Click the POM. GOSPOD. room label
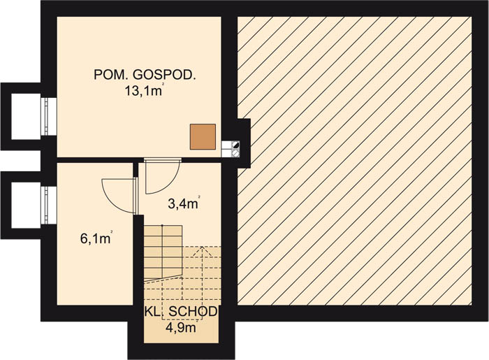point(145,75)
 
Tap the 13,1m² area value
point(144,91)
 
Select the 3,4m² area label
point(184,203)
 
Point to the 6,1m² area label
point(96,238)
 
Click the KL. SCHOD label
point(181,311)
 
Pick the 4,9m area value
point(182,328)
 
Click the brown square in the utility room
point(203,136)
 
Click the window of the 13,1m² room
point(48,116)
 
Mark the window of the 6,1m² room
point(48,205)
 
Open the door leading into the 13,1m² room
point(162,175)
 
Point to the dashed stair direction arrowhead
point(202,252)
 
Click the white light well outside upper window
point(27,116)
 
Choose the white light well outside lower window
point(27,205)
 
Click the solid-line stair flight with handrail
point(163,252)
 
